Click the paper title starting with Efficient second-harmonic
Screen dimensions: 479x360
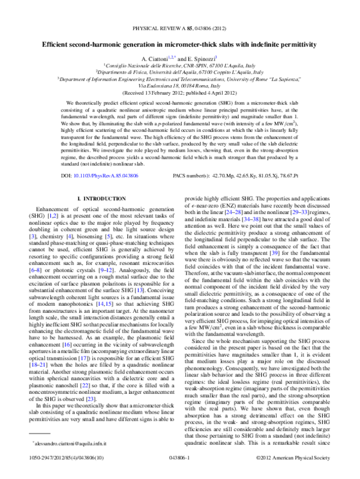point(180,44)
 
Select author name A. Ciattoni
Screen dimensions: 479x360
point(154,58)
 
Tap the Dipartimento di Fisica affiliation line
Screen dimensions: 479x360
point(179,71)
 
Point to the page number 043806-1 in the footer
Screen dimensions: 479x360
point(179,472)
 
